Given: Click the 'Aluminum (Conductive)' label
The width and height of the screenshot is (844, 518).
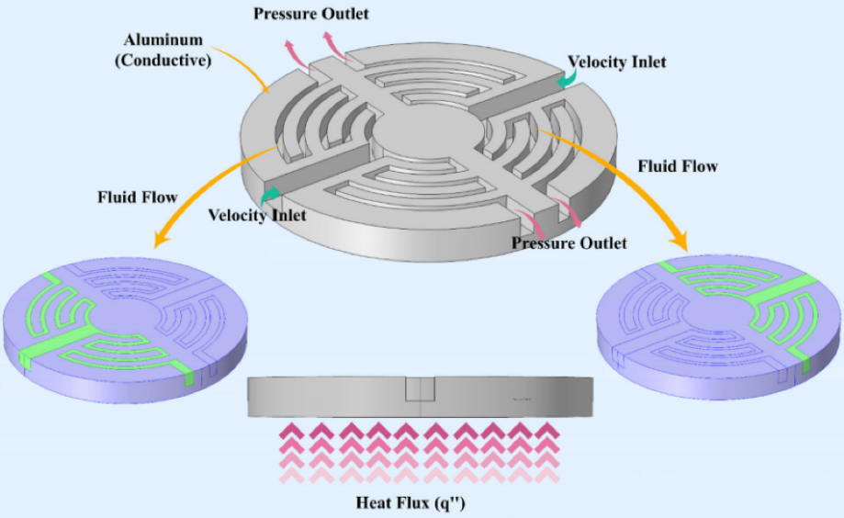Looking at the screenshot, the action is [163, 51].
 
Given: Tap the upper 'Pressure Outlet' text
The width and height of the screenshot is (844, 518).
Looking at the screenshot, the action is [311, 14].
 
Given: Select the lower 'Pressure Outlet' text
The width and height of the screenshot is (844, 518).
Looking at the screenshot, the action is [569, 242].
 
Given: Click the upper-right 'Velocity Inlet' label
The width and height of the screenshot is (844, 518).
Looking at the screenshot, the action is [617, 62].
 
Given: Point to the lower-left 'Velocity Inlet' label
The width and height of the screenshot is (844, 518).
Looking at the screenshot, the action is [257, 216].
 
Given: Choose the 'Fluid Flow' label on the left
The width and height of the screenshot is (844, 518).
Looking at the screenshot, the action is [137, 197].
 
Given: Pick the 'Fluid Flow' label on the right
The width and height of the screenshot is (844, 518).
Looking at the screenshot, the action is [678, 166].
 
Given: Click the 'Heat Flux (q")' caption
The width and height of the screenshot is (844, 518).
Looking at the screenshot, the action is [411, 502].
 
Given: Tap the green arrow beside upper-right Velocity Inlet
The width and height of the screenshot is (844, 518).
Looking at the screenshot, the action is [567, 79].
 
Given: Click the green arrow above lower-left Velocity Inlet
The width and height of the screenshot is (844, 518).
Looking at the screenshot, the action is [270, 196].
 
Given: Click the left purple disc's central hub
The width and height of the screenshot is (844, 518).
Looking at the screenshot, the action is [125, 316].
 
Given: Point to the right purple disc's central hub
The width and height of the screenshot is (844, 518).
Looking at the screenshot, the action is [718, 313].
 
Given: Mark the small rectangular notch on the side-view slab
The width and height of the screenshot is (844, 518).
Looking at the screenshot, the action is [420, 388].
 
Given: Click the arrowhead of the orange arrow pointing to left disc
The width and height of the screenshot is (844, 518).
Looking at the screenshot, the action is [159, 239].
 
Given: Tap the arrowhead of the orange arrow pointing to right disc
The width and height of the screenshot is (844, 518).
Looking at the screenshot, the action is [681, 242].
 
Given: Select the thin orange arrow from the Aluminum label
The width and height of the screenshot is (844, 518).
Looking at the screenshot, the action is [242, 68].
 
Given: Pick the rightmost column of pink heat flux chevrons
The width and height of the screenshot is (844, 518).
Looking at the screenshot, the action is [547, 453].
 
